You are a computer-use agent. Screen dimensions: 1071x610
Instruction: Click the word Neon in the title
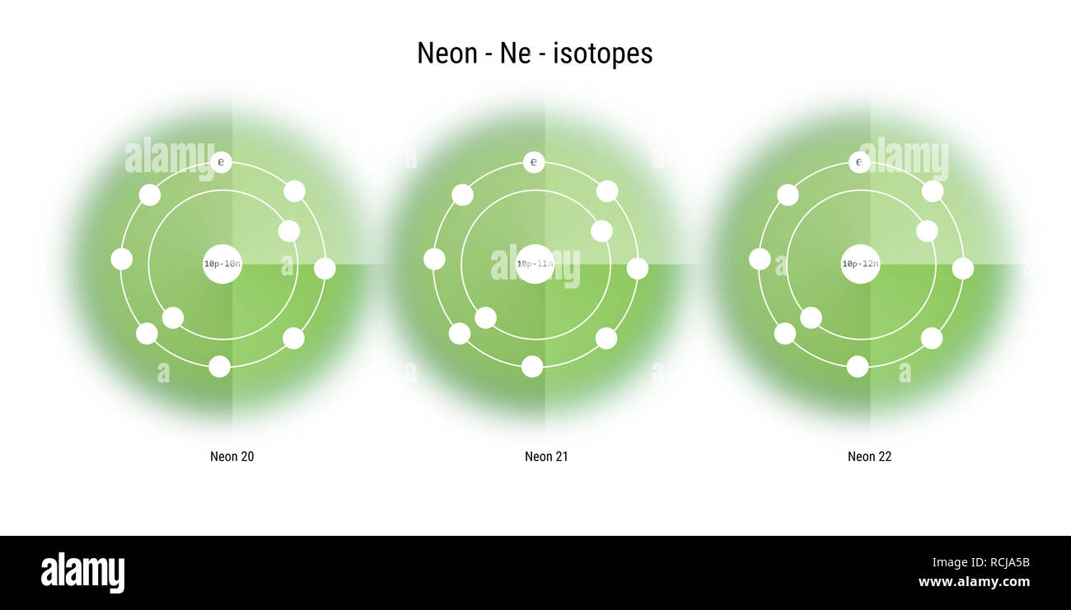[447, 54]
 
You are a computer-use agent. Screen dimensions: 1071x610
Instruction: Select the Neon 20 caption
[232, 457]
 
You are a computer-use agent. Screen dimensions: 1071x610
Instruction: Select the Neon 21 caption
[546, 457]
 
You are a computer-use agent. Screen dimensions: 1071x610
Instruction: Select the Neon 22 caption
[869, 457]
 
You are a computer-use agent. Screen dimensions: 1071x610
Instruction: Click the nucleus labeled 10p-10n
[222, 264]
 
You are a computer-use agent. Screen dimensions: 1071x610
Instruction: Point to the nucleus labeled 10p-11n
[535, 264]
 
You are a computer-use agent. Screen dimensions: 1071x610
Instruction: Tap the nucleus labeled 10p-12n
[860, 264]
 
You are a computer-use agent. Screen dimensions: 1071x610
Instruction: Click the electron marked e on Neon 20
[221, 162]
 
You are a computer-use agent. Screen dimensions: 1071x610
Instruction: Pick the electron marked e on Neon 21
[534, 162]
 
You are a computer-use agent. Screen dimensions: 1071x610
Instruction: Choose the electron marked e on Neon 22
[859, 162]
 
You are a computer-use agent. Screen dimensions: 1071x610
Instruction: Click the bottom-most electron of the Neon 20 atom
[219, 366]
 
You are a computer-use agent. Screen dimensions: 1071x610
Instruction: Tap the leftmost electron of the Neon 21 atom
[434, 259]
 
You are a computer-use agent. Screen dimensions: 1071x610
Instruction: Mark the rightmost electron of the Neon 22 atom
[962, 268]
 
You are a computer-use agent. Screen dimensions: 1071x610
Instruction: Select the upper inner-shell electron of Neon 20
[288, 231]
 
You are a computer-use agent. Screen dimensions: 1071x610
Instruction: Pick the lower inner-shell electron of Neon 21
[485, 317]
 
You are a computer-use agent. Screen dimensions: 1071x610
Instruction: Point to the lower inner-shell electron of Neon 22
[811, 317]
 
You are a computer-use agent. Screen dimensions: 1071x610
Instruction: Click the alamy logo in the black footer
[82, 573]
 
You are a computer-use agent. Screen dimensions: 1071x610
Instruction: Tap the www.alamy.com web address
[974, 582]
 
